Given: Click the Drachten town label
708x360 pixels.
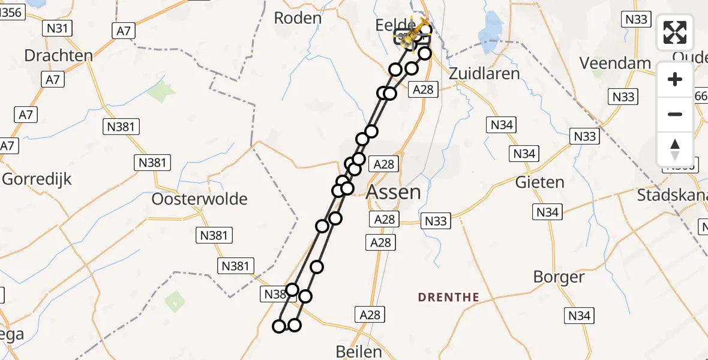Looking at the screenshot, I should click(x=58, y=56).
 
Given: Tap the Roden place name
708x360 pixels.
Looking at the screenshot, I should click(x=298, y=18).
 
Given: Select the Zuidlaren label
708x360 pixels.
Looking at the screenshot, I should click(x=484, y=73).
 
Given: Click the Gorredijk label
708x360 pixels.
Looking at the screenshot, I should click(x=37, y=179).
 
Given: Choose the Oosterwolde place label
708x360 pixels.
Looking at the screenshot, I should click(x=200, y=199).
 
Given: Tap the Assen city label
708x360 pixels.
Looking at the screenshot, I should click(x=393, y=192).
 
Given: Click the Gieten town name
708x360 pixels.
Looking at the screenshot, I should click(x=539, y=182).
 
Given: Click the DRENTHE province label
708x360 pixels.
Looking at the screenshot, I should click(x=448, y=297).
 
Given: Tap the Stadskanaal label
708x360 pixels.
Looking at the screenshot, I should click(x=672, y=195).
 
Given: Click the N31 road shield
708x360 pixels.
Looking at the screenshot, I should click(x=58, y=28).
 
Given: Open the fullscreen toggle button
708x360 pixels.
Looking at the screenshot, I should click(x=675, y=32).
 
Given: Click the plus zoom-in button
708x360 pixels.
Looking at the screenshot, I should click(x=675, y=79).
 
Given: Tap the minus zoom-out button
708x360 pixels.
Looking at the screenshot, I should click(x=675, y=114).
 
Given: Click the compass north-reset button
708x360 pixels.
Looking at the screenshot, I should click(x=675, y=149).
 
